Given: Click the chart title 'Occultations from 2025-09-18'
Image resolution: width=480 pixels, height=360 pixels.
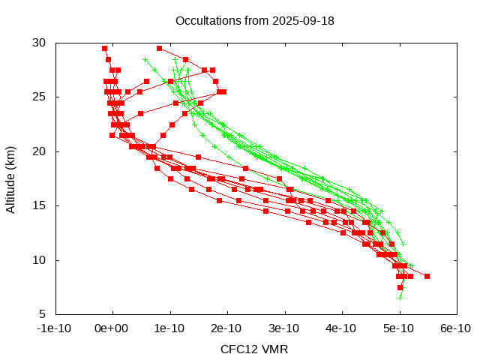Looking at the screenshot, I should tap(254, 20).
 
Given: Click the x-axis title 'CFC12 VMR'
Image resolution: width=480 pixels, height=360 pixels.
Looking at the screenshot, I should tap(254, 349).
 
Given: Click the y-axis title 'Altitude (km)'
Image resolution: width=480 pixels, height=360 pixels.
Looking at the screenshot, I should tap(11, 178).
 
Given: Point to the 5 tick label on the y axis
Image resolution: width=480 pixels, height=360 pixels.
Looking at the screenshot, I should tap(43, 314).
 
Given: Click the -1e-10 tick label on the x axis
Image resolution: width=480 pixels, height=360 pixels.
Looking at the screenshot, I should tap(55, 328).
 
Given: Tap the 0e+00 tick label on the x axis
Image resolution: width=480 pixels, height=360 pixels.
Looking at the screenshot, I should tap(112, 328).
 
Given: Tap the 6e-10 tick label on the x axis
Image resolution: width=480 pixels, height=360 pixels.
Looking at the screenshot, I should tap(455, 328).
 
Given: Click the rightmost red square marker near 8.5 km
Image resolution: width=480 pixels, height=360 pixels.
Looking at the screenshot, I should tap(427, 276).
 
